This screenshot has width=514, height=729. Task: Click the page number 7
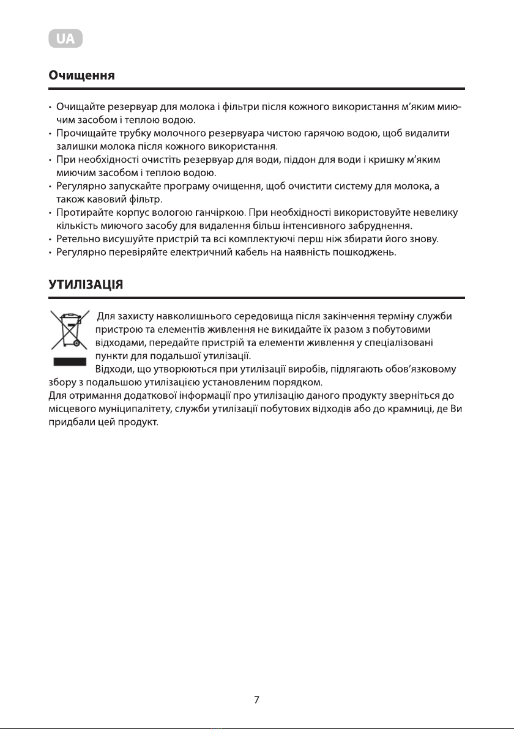click(257, 700)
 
